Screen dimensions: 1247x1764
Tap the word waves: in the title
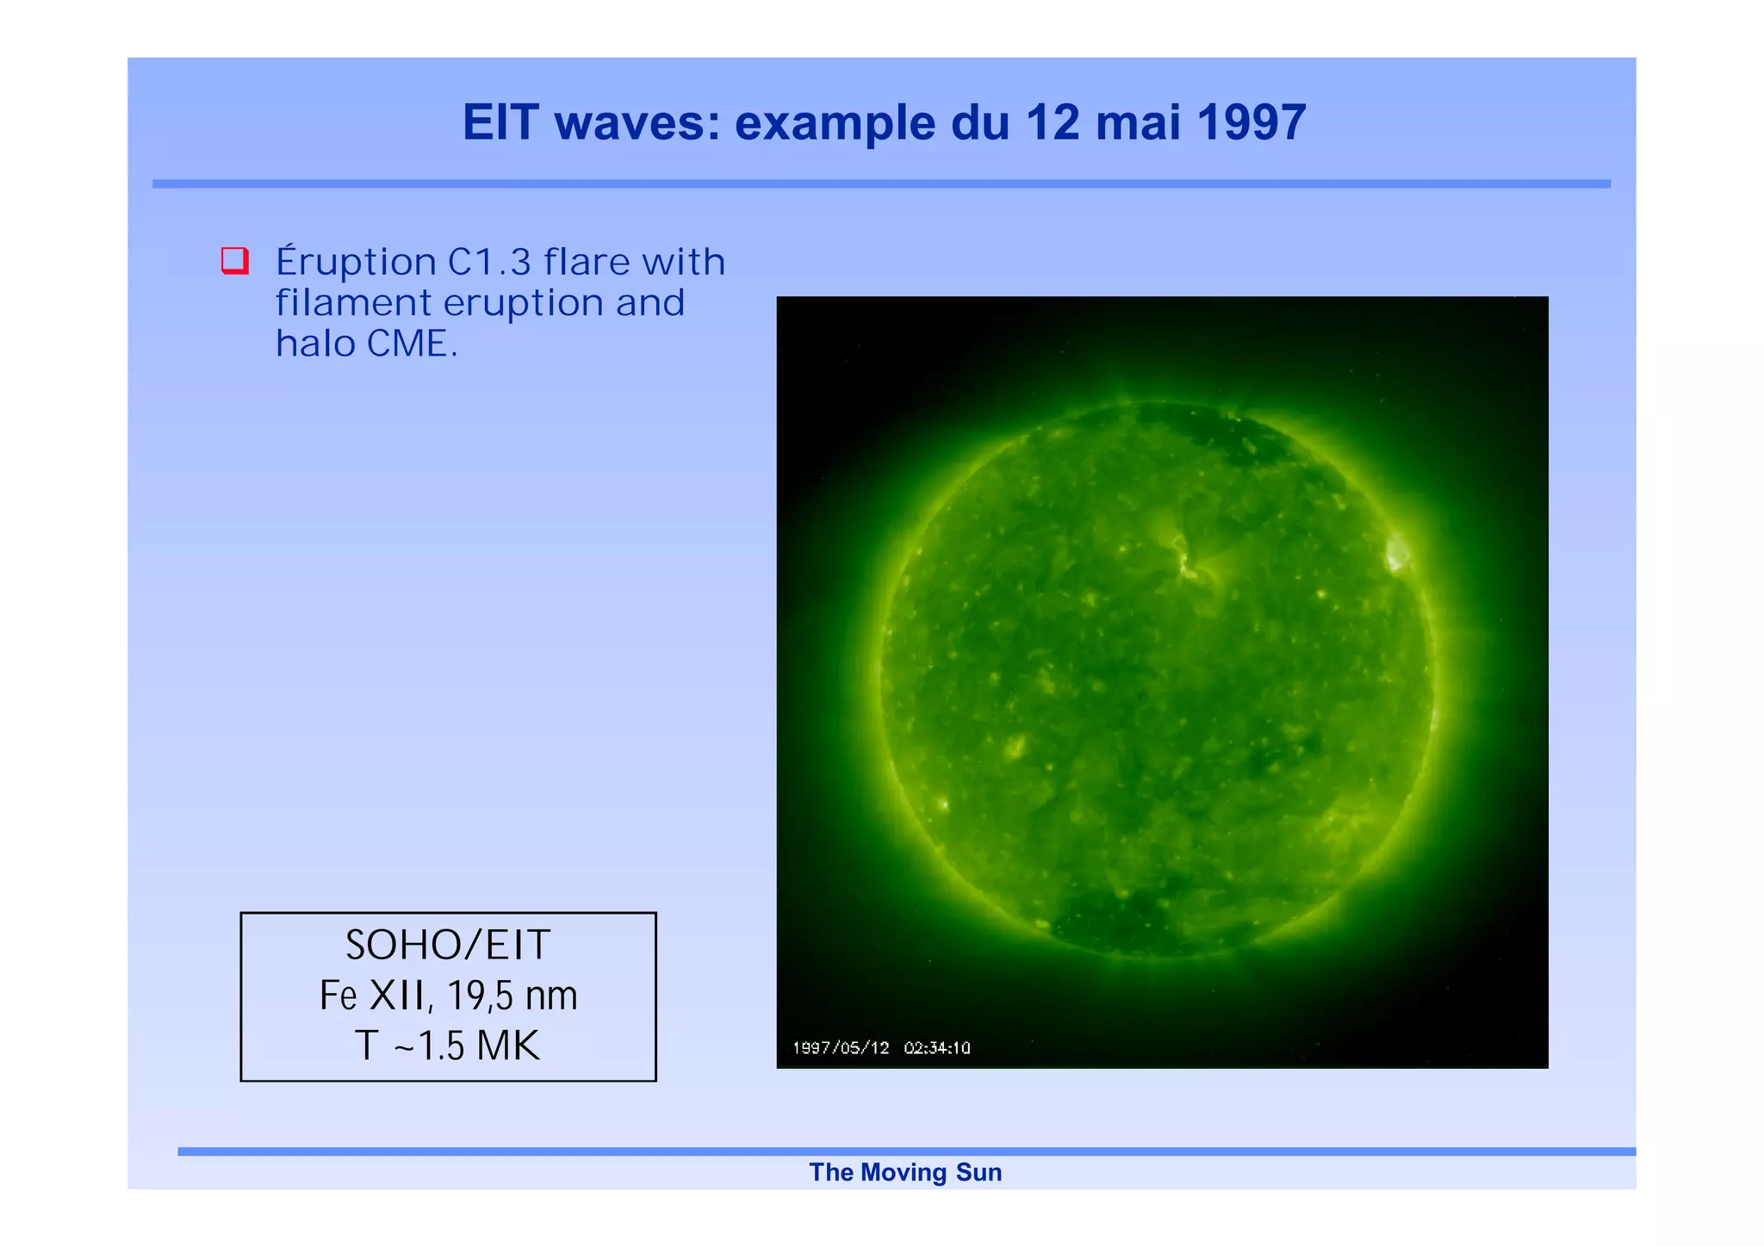click(637, 122)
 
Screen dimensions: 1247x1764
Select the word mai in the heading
click(1138, 122)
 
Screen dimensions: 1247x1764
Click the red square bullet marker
click(235, 260)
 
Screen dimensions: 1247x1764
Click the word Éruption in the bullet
click(356, 262)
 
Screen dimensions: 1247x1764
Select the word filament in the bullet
click(353, 303)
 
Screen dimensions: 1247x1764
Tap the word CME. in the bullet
click(412, 344)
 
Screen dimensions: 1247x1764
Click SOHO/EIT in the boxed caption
click(447, 945)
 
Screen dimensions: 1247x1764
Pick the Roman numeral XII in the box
click(396, 996)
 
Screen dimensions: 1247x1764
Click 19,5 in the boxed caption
click(479, 996)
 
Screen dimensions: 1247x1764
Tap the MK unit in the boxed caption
click(508, 1045)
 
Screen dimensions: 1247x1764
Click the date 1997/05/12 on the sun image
click(840, 1048)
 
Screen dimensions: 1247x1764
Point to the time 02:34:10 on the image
click(937, 1048)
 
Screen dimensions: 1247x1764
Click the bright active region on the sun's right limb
click(1396, 553)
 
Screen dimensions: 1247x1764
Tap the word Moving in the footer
click(903, 1172)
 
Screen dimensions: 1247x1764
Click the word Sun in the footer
click(978, 1172)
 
